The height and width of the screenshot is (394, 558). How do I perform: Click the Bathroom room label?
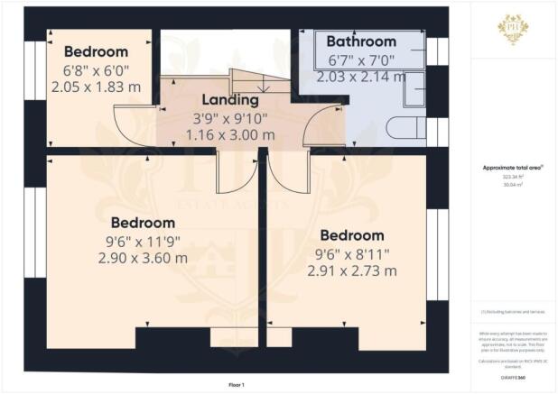click(x=360, y=41)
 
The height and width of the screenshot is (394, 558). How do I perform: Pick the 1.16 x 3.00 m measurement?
click(x=230, y=135)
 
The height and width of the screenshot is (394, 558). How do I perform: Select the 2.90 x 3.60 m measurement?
click(x=143, y=258)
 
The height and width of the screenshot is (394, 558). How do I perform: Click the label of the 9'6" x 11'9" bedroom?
click(x=143, y=222)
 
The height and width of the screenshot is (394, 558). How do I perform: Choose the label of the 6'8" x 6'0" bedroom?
click(x=95, y=51)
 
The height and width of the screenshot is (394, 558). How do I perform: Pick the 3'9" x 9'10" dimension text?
click(x=229, y=117)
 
